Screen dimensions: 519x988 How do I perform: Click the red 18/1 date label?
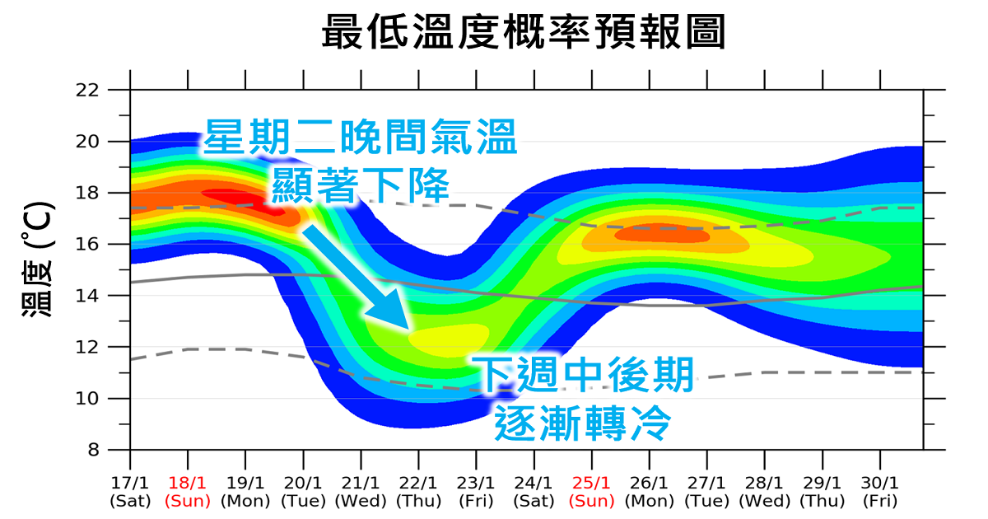click(x=188, y=484)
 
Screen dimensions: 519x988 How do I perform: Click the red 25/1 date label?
click(x=592, y=484)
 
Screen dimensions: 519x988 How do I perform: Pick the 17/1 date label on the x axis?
click(x=130, y=484)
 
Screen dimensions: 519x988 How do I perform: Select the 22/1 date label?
click(x=418, y=484)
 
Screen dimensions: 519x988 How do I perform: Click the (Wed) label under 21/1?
click(x=361, y=500)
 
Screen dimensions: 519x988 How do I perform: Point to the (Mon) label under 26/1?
click(x=650, y=500)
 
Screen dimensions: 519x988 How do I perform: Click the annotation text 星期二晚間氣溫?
click(x=361, y=138)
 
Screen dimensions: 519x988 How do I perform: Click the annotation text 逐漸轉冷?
click(x=583, y=422)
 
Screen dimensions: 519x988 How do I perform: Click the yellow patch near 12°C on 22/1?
click(x=449, y=339)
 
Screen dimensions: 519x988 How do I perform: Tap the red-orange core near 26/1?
click(x=663, y=235)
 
